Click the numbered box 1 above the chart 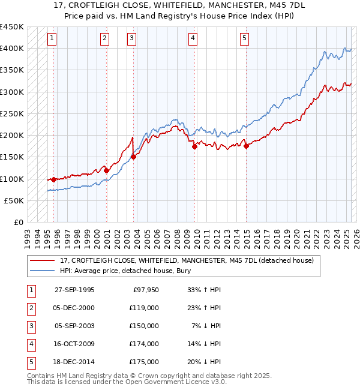pyautogui.click(x=52, y=39)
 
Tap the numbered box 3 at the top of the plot pyautogui.click(x=131, y=39)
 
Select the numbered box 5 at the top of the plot pyautogui.click(x=245, y=39)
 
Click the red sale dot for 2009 pyautogui.click(x=195, y=146)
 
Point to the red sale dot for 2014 pyautogui.click(x=246, y=146)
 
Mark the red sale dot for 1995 pyautogui.click(x=53, y=179)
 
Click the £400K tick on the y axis pyautogui.click(x=12, y=48)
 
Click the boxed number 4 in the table pyautogui.click(x=30, y=344)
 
